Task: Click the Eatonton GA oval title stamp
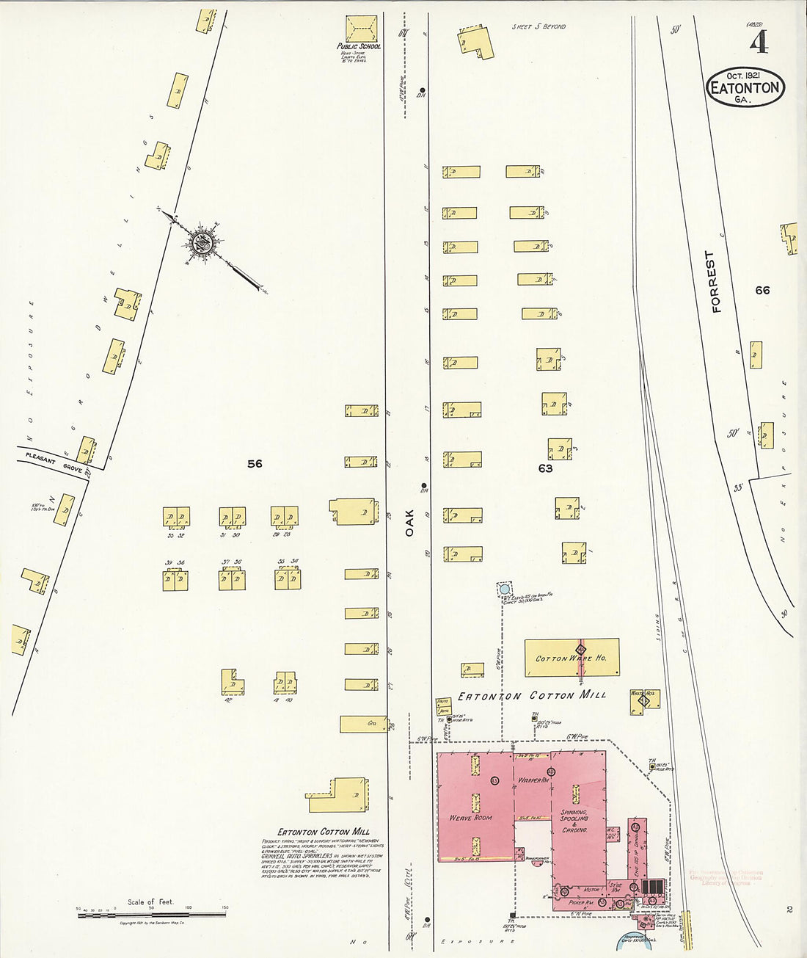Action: pos(745,87)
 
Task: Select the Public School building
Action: pos(362,29)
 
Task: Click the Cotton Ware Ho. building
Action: pos(572,657)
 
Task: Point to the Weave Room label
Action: pos(470,817)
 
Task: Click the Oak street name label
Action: pos(409,522)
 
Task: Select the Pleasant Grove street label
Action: pos(54,462)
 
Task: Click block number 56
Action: pos(255,463)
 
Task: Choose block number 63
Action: pos(545,468)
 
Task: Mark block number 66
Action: pos(763,290)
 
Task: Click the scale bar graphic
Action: pos(151,914)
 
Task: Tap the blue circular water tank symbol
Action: pos(504,589)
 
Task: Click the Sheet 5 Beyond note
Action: pos(538,26)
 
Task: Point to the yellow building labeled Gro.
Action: pos(364,724)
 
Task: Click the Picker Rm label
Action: pos(580,902)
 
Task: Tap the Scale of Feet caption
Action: pos(150,901)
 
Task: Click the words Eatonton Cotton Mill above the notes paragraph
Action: pos(323,832)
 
